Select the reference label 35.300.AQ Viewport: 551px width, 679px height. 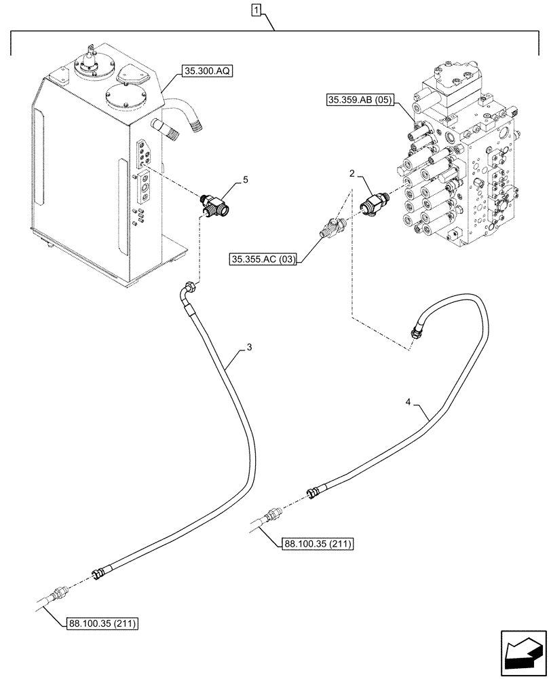[x=206, y=71]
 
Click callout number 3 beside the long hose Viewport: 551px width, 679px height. [x=250, y=347]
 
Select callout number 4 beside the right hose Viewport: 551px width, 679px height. [x=408, y=403]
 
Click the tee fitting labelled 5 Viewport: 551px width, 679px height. [x=216, y=204]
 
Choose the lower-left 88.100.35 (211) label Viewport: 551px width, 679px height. [x=104, y=623]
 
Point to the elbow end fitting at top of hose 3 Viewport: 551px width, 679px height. [x=186, y=291]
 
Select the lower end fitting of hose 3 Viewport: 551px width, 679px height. [x=99, y=574]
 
